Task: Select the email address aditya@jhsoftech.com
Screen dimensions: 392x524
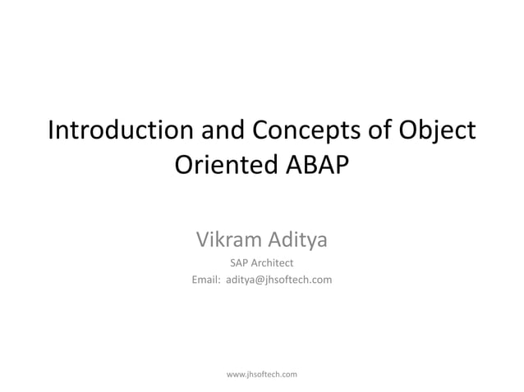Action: point(278,281)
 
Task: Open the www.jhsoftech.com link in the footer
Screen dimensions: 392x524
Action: point(261,374)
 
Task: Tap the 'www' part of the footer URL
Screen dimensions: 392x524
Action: point(235,374)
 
